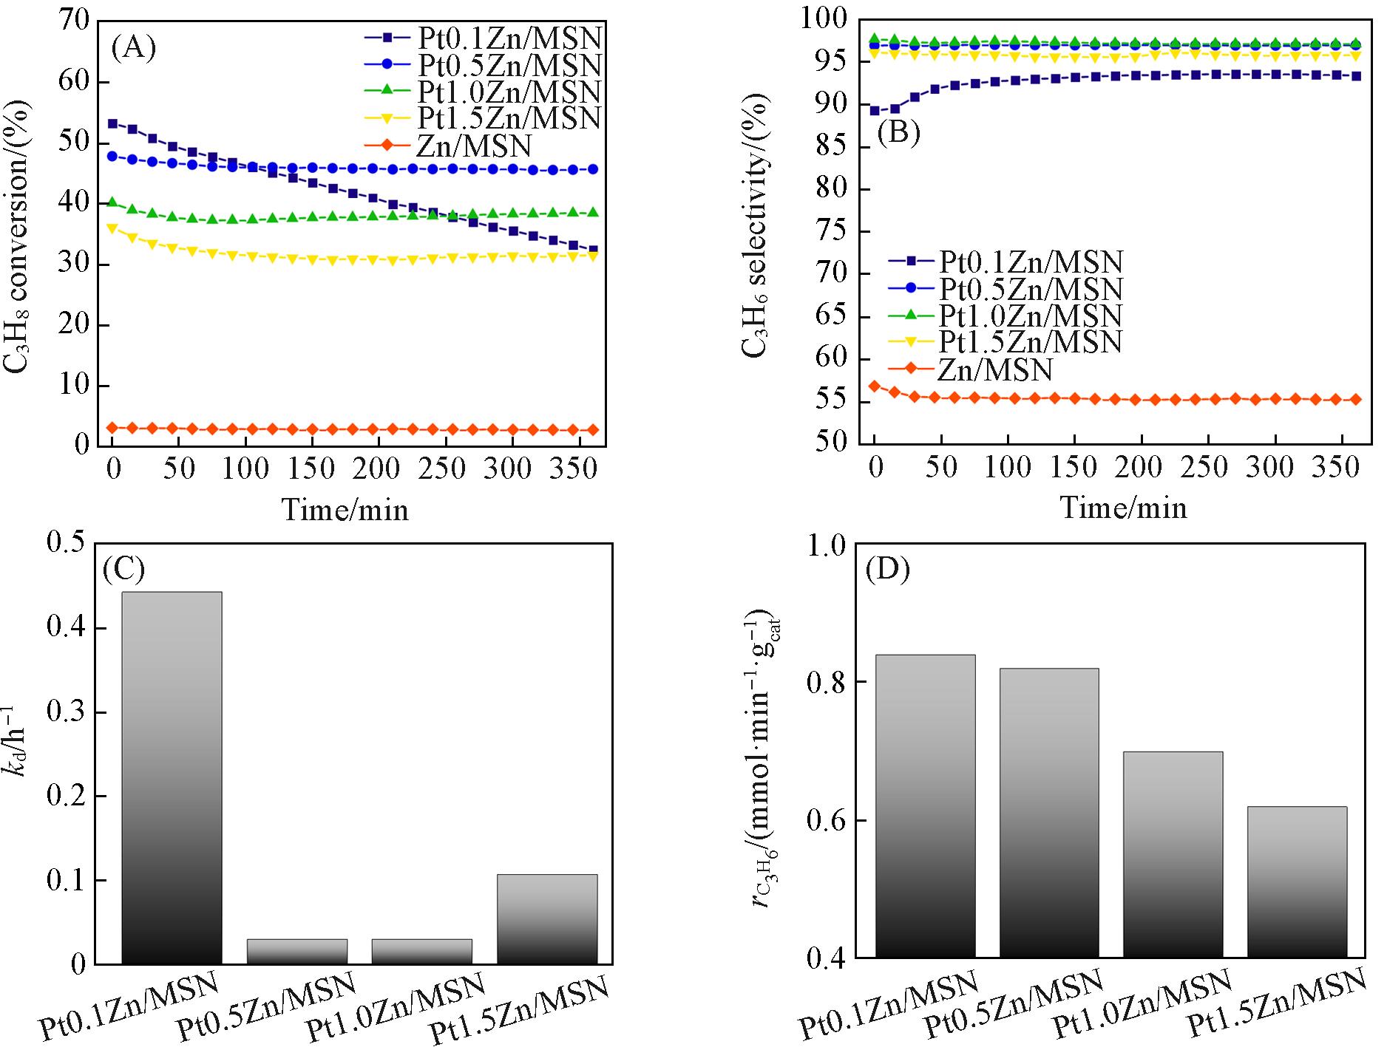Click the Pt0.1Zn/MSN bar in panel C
pyautogui.click(x=171, y=777)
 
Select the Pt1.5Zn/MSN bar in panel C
pyautogui.click(x=547, y=919)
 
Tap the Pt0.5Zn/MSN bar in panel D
pyautogui.click(x=1048, y=813)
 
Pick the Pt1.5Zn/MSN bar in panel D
pyautogui.click(x=1296, y=882)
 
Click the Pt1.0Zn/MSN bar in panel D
pyautogui.click(x=1173, y=855)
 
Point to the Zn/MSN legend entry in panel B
pyautogui.click(x=995, y=369)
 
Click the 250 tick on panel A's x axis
pyautogui.click(x=446, y=468)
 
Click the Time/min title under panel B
pyautogui.click(x=1124, y=508)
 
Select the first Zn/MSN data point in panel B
pyautogui.click(x=875, y=386)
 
